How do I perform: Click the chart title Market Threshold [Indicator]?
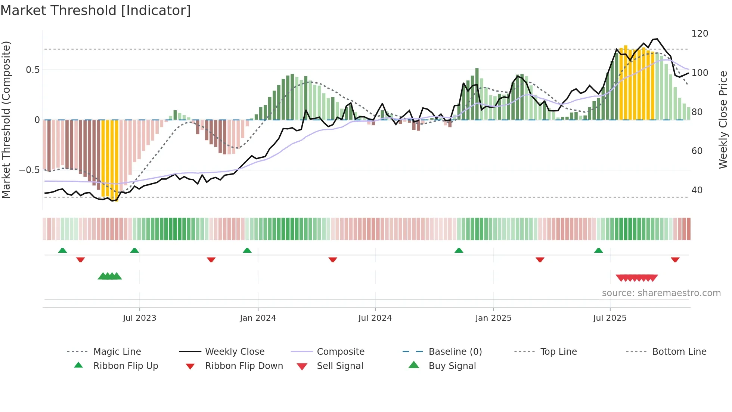[x=96, y=10]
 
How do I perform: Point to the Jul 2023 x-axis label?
[x=139, y=318]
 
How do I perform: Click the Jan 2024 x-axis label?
[x=258, y=318]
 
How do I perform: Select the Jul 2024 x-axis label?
[x=375, y=318]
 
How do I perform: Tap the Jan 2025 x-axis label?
[x=493, y=318]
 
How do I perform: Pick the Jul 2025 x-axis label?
[x=610, y=318]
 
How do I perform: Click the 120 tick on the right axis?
[x=700, y=34]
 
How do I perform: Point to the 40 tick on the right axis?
[x=697, y=190]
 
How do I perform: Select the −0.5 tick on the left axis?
[x=30, y=170]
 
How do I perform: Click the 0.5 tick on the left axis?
[x=33, y=70]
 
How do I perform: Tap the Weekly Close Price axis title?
[x=723, y=120]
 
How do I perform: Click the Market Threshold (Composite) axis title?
[x=6, y=120]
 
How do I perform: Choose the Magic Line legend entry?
[x=117, y=352]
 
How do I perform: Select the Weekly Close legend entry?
[x=235, y=352]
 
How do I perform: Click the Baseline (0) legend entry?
[x=455, y=352]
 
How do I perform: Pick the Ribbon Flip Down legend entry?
[x=244, y=366]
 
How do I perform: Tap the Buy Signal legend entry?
[x=452, y=366]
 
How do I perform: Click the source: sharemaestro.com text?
[x=661, y=293]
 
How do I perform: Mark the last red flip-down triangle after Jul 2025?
[x=675, y=259]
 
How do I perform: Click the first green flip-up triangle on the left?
[x=62, y=250]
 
